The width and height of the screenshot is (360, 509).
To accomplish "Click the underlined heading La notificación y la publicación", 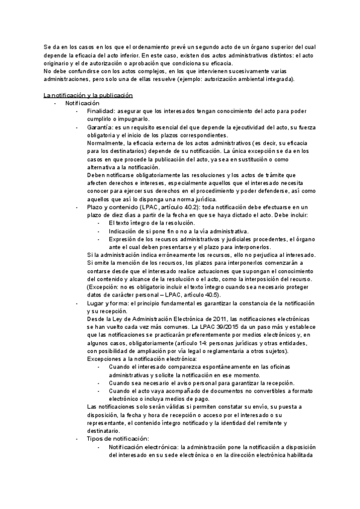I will point(88,96).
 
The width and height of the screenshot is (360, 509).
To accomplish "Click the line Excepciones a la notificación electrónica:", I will point(143,358).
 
